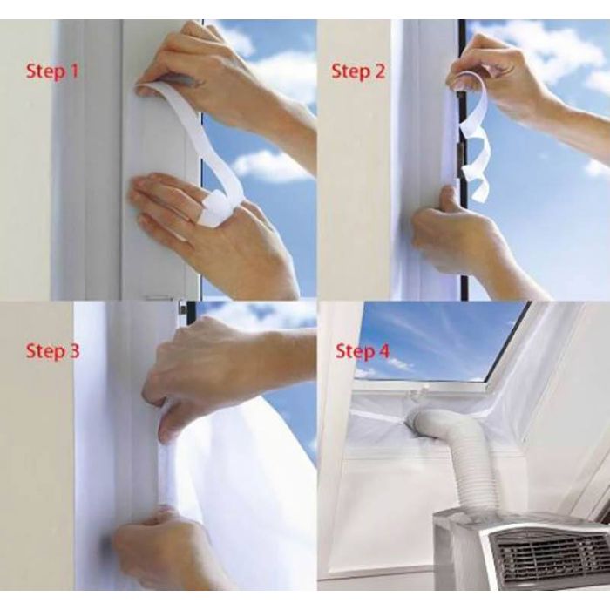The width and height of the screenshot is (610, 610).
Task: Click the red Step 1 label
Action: pyautogui.click(x=52, y=72)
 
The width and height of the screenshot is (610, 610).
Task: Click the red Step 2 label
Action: pyautogui.click(x=358, y=72)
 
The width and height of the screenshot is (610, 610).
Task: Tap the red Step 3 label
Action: pyautogui.click(x=52, y=351)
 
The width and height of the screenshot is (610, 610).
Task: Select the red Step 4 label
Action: pyautogui.click(x=363, y=351)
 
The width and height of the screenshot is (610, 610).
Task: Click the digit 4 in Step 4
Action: pyautogui.click(x=383, y=350)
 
